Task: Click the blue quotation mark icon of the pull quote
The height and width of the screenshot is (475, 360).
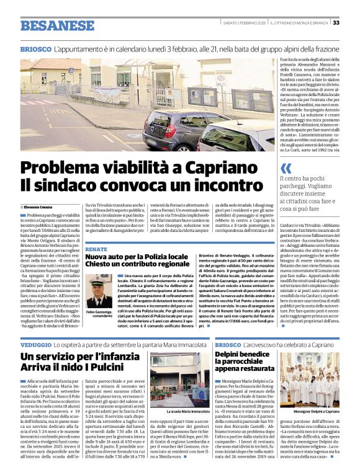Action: tap(286, 168)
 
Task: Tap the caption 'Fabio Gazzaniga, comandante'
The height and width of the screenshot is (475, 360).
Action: tap(100, 314)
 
